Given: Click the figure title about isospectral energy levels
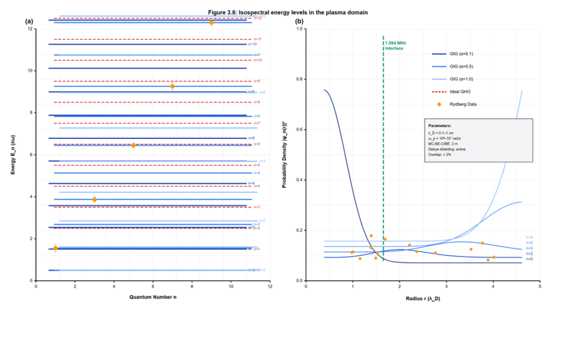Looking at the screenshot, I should (x=287, y=12).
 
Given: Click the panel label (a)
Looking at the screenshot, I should (x=29, y=21).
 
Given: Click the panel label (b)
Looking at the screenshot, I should (x=299, y=21).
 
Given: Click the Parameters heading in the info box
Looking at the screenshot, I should (x=440, y=125).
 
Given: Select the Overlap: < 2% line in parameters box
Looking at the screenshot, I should (x=440, y=154).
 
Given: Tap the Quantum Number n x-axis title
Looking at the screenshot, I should (x=152, y=296).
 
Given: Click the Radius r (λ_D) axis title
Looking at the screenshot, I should (x=422, y=298).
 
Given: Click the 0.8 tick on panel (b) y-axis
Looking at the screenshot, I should (x=300, y=79).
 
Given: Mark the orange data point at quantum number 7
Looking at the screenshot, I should (x=172, y=86).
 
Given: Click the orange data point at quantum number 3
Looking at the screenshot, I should (x=94, y=199).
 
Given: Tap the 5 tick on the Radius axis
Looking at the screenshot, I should (x=539, y=287).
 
